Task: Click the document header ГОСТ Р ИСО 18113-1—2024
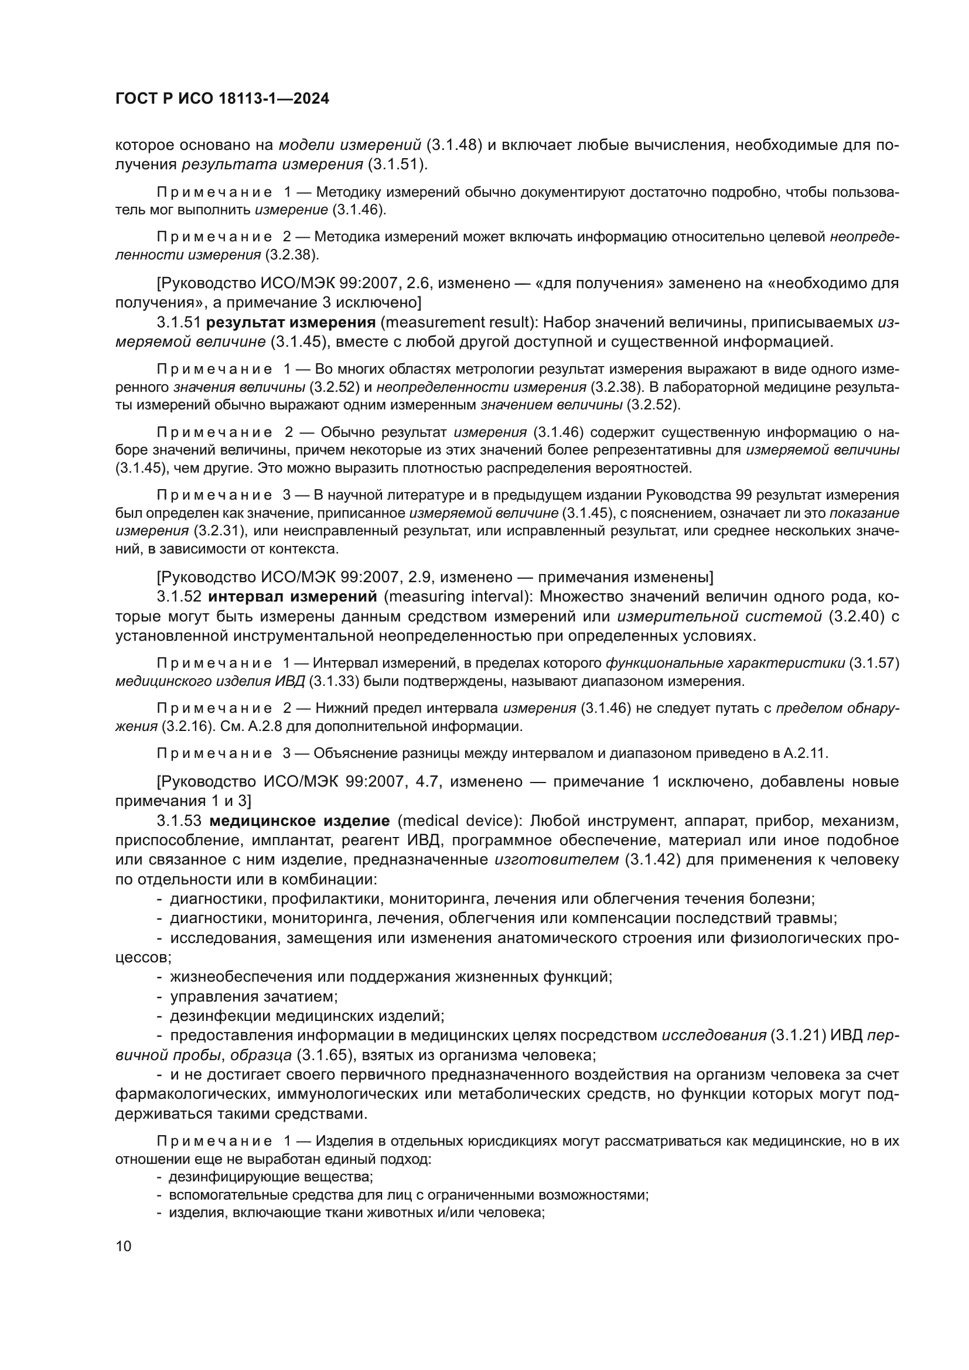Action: click(x=222, y=99)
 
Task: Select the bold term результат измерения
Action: click(x=291, y=323)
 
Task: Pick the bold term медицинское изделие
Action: click(x=299, y=821)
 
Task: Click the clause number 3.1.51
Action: click(x=179, y=323)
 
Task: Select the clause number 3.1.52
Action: click(x=179, y=597)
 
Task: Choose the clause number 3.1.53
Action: click(x=180, y=821)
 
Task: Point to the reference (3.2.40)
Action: click(x=855, y=616)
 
